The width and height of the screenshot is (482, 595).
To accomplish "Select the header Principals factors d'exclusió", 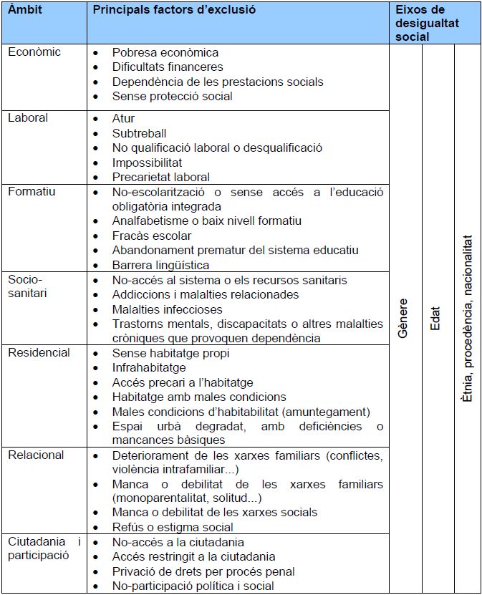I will [174, 10].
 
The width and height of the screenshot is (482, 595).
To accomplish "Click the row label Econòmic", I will [34, 52].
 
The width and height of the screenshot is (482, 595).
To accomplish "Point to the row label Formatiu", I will [32, 191].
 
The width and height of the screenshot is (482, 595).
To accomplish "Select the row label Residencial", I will [39, 352].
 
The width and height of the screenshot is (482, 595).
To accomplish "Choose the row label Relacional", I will [36, 455].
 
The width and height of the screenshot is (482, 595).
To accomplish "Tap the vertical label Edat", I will [435, 319].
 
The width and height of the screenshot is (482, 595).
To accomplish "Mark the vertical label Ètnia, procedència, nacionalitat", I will [467, 319].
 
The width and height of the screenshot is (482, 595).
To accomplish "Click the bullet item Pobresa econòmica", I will [165, 52].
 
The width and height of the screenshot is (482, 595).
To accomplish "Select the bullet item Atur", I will [123, 118].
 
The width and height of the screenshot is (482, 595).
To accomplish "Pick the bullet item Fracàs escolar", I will [152, 236].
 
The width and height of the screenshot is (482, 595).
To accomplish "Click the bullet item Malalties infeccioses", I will [168, 309].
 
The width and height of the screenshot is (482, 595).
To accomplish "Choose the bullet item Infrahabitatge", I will [149, 367].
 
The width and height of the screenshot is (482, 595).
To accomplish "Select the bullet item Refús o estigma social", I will [173, 528].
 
